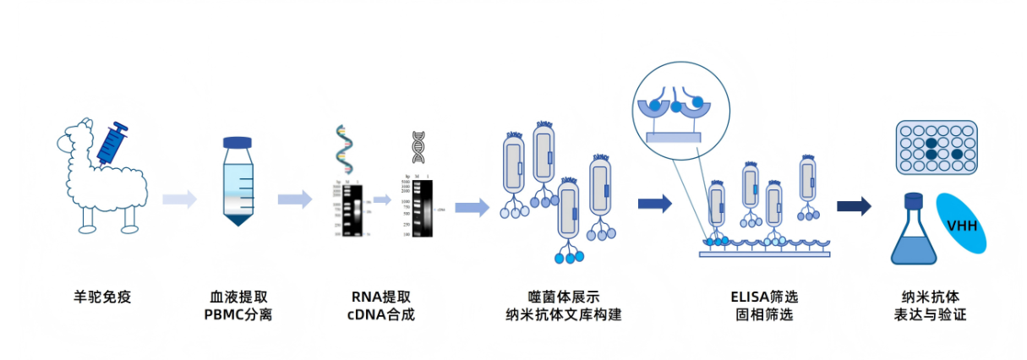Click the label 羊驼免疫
[x=102, y=297]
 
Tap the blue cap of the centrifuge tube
[x=238, y=144]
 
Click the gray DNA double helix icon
[x=418, y=147]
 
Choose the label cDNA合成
[x=381, y=315]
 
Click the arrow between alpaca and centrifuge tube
[x=179, y=199]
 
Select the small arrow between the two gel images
[x=382, y=200]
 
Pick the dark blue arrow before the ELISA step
[x=654, y=204]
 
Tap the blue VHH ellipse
[x=962, y=224]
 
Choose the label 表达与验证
[x=930, y=315]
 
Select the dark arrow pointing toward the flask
[x=854, y=206]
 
